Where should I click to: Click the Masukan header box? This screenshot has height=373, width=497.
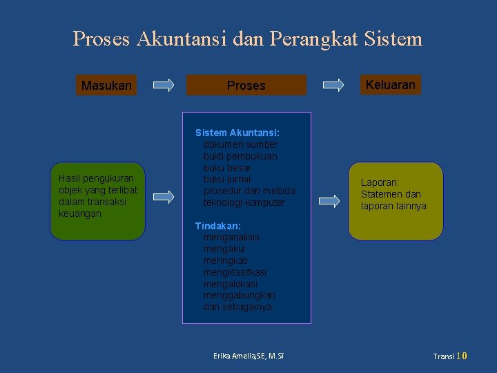point(106,86)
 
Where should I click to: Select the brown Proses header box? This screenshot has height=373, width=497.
point(246,85)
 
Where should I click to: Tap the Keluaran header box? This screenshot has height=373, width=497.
point(390,85)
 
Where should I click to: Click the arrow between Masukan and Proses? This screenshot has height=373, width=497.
point(164,86)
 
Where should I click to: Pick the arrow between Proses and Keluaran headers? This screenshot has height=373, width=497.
point(333,86)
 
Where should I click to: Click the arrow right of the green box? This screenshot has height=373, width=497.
point(164,197)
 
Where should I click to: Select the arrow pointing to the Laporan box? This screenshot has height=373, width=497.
point(329,201)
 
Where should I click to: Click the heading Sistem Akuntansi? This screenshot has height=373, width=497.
point(237,133)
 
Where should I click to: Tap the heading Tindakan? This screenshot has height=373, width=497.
point(217,226)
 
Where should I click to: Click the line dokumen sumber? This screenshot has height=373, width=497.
point(240,144)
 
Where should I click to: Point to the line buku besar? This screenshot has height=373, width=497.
point(227,168)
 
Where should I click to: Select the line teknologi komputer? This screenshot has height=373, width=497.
point(244,202)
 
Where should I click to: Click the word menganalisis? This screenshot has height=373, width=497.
point(231,237)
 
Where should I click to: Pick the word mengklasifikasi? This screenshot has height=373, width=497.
point(235,272)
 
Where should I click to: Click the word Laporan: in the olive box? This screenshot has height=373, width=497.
point(380,183)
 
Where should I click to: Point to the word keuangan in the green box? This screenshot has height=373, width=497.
point(80,214)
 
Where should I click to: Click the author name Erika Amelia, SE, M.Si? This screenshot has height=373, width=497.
point(248,356)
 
